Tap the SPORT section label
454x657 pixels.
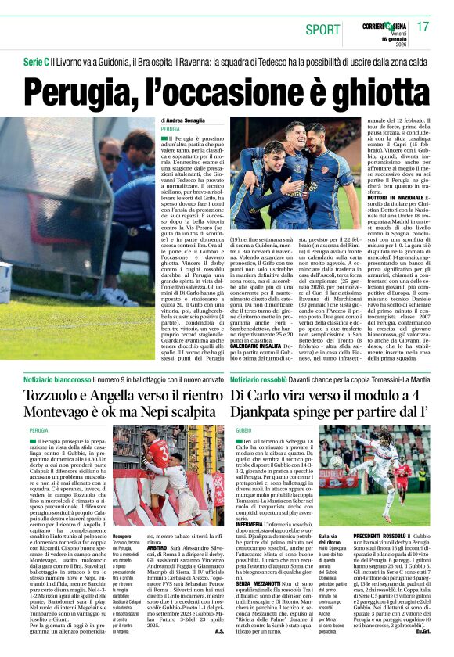click(x=323, y=30)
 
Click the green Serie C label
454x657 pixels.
click(x=34, y=61)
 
